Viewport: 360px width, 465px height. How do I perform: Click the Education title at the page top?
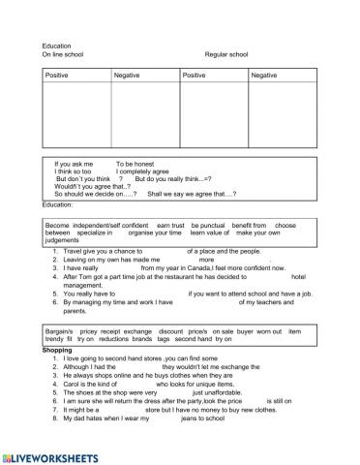[x=56, y=46]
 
